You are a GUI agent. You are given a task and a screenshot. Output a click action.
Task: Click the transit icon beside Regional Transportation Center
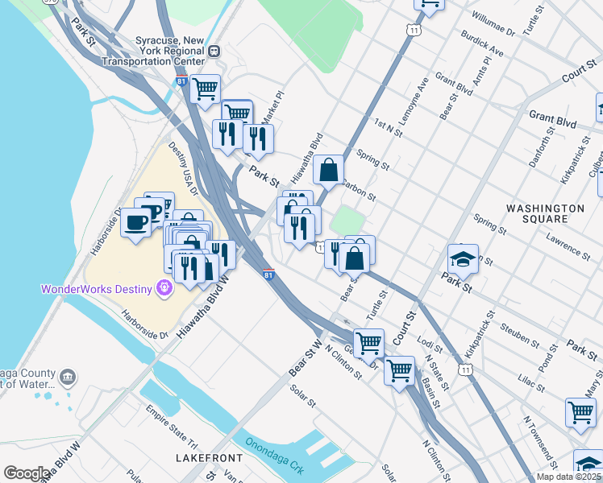[214, 50]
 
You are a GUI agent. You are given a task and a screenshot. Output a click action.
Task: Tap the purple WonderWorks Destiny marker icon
[165, 287]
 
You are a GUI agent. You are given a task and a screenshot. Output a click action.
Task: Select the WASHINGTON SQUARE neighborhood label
[545, 213]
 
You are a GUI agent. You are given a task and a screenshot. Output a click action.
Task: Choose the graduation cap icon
[463, 260]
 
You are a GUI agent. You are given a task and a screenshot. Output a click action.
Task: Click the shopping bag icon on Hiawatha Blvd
[328, 170]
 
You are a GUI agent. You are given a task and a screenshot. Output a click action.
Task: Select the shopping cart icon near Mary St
[580, 411]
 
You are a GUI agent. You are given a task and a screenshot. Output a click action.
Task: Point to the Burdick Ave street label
[481, 44]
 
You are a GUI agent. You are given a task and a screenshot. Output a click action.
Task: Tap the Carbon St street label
[359, 190]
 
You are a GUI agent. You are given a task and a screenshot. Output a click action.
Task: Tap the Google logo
[27, 473]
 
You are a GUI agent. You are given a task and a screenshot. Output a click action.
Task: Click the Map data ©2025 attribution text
[568, 477]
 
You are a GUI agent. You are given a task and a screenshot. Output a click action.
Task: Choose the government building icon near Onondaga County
[68, 377]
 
